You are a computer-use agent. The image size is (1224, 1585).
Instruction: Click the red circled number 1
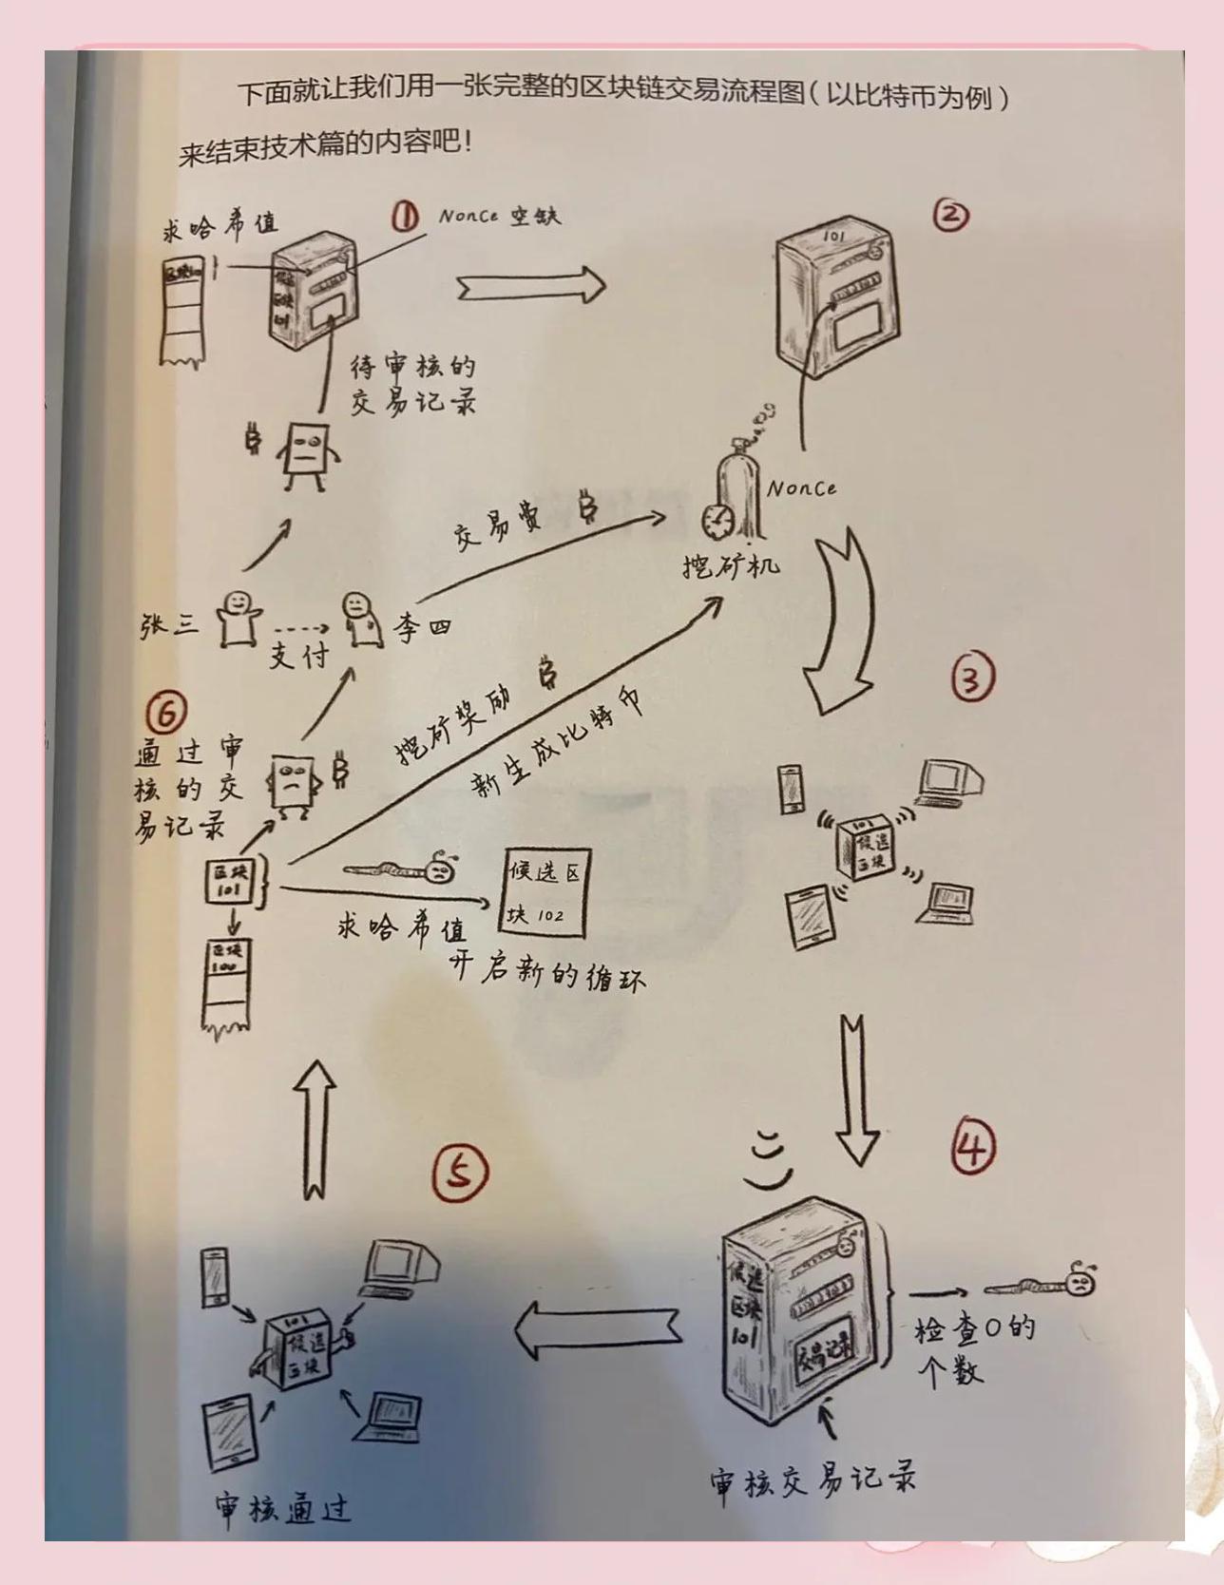point(405,218)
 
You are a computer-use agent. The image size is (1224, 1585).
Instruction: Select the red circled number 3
point(972,678)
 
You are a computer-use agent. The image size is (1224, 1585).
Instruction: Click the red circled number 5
point(460,1173)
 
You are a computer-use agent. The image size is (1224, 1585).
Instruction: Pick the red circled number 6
point(167,711)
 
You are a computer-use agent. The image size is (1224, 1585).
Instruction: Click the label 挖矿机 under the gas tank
point(731,565)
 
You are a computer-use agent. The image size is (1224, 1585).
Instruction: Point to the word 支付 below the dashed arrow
point(297,656)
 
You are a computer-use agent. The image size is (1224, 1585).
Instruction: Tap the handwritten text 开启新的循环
point(548,971)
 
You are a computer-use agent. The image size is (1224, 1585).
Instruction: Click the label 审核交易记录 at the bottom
point(812,1480)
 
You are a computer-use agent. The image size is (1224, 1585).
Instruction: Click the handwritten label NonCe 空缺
point(499,216)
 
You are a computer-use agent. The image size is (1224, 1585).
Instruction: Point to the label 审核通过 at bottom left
point(282,1506)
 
